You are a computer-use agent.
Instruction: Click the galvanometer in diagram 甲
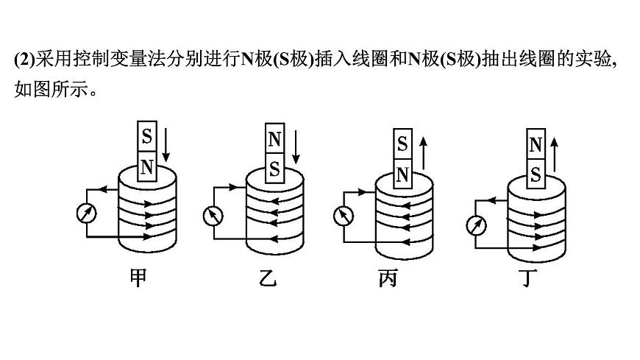coord(86,213)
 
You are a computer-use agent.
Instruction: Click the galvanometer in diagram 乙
coord(213,215)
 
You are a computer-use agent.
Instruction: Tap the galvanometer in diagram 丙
coord(343,216)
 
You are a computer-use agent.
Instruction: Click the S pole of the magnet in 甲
coord(147,137)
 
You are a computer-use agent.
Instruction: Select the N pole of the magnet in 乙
coord(274,139)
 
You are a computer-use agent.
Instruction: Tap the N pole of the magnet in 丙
coord(402,174)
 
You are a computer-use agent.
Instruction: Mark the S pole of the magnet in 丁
coord(536,175)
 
